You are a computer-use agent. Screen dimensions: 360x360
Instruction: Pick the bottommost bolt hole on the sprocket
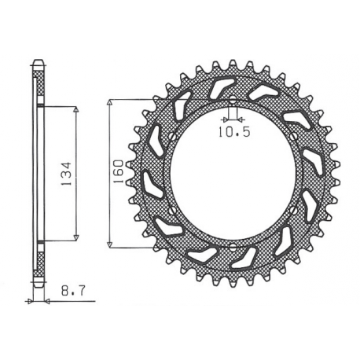(233, 246)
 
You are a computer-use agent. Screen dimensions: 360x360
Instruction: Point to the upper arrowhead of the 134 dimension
(75, 110)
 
